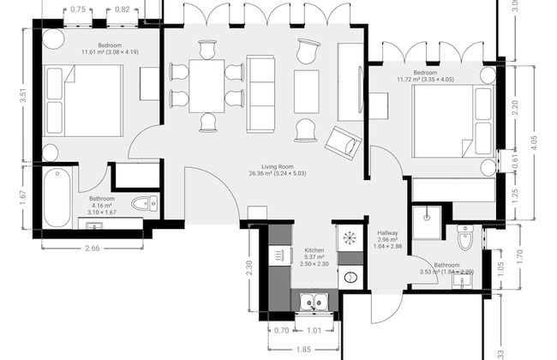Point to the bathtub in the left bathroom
pyautogui.click(x=57, y=197)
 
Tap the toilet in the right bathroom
pyautogui.click(x=465, y=237)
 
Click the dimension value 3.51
pyautogui.click(x=23, y=95)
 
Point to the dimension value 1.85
pyautogui.click(x=302, y=350)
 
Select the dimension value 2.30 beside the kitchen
pyautogui.click(x=249, y=267)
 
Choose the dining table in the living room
pyautogui.click(x=206, y=84)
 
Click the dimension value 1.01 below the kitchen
pyautogui.click(x=314, y=328)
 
